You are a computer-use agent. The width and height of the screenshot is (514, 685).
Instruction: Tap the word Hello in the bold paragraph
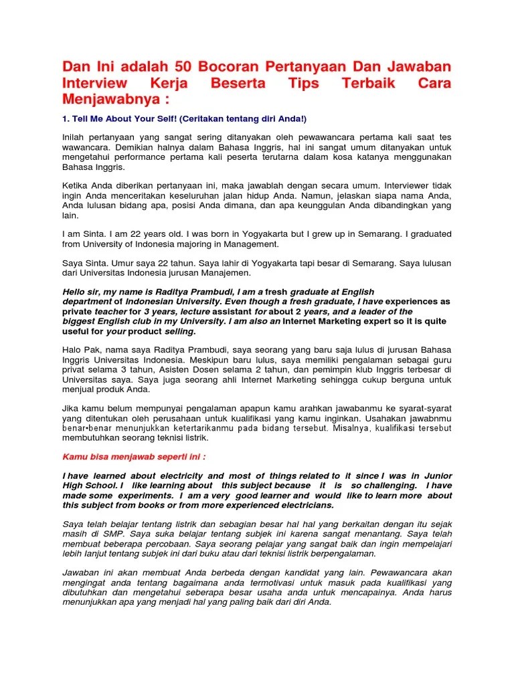tap(75, 292)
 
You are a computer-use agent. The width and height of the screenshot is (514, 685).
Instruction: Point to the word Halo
tap(73, 351)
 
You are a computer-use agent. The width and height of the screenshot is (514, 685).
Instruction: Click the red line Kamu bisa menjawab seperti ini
tap(134, 457)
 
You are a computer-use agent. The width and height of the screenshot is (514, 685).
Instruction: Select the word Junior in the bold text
tap(438, 476)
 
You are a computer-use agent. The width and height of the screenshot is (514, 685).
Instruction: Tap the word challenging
tap(380, 486)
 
